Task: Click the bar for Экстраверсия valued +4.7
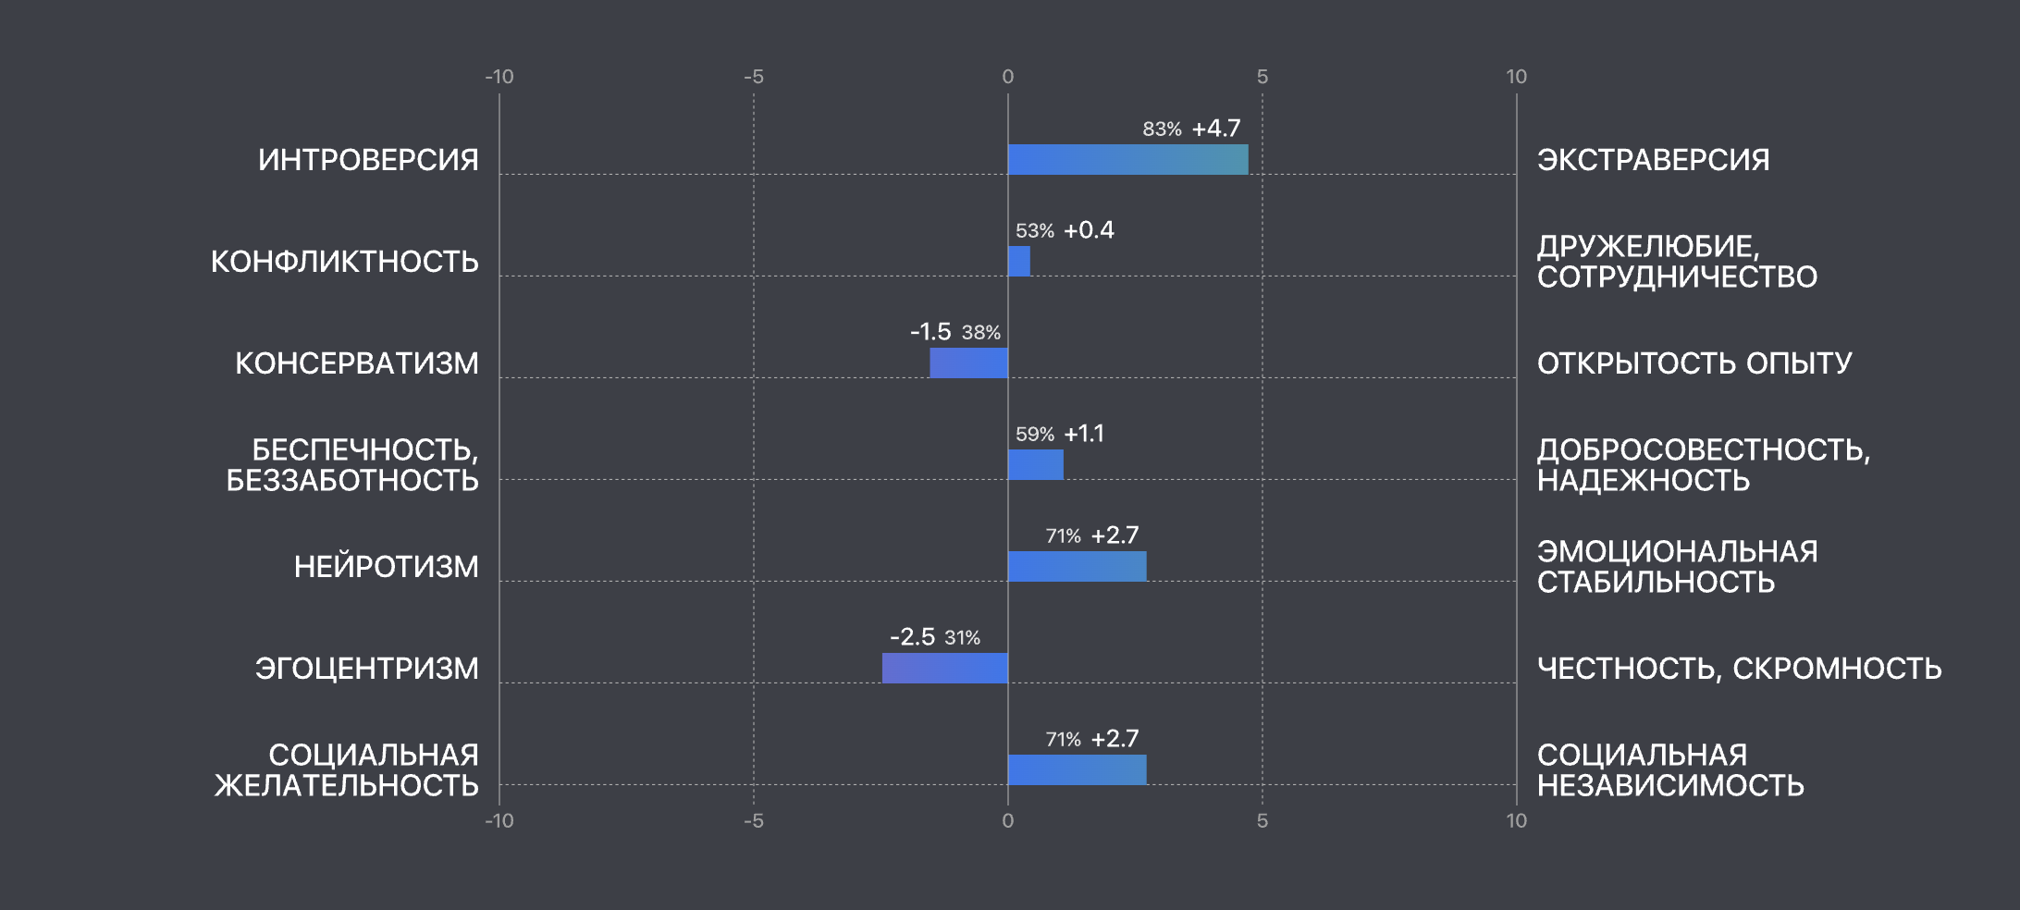coord(1127,159)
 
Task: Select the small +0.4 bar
coord(1018,261)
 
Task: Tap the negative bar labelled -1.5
coord(968,363)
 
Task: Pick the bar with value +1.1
coord(1035,464)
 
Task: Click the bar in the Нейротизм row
coord(1077,566)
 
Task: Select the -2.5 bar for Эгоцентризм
coord(944,668)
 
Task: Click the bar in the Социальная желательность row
coord(1077,769)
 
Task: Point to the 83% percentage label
coord(1162,129)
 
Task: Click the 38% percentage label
coord(980,333)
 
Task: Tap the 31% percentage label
coord(962,638)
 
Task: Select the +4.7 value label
coord(1216,129)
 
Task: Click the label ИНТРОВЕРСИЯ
coord(368,160)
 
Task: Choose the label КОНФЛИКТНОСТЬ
coord(344,262)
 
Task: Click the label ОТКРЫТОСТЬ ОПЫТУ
coord(1694,363)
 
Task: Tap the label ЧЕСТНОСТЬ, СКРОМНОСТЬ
coord(1739,669)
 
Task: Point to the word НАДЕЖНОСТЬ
coord(1644,481)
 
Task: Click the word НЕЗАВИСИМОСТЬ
coord(1670,786)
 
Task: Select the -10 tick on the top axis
coord(499,77)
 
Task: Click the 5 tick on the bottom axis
coord(1262,820)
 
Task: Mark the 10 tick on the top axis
coord(1516,77)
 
